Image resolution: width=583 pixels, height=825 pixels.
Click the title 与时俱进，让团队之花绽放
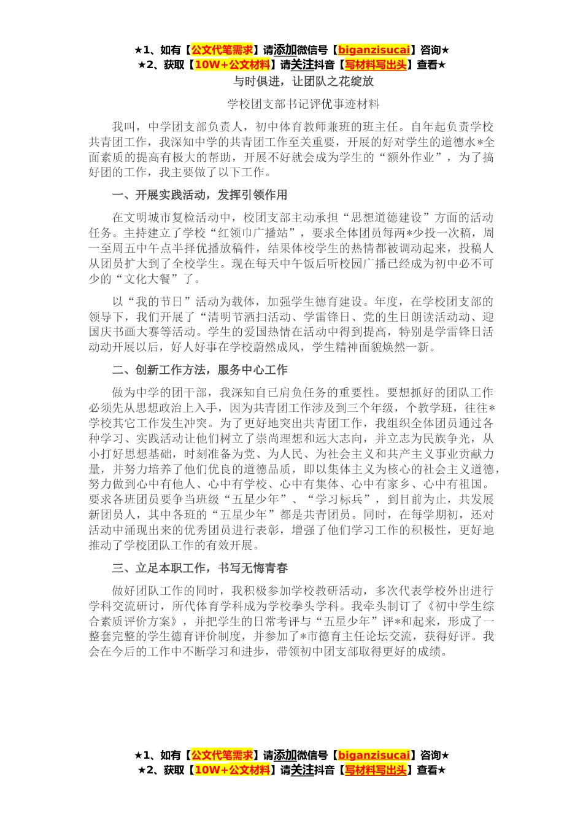(x=303, y=81)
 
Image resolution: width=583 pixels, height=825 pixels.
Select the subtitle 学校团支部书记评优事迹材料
(x=303, y=104)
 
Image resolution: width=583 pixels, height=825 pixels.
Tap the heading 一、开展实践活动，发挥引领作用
(x=200, y=195)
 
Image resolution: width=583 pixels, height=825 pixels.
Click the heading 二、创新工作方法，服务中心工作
(x=200, y=370)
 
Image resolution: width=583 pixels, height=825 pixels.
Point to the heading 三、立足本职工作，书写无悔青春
(x=200, y=568)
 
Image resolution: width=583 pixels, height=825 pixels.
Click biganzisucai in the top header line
(x=374, y=50)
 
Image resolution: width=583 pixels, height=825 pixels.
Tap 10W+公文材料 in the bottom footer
(x=232, y=770)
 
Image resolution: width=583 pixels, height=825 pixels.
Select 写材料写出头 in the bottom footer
(x=376, y=770)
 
